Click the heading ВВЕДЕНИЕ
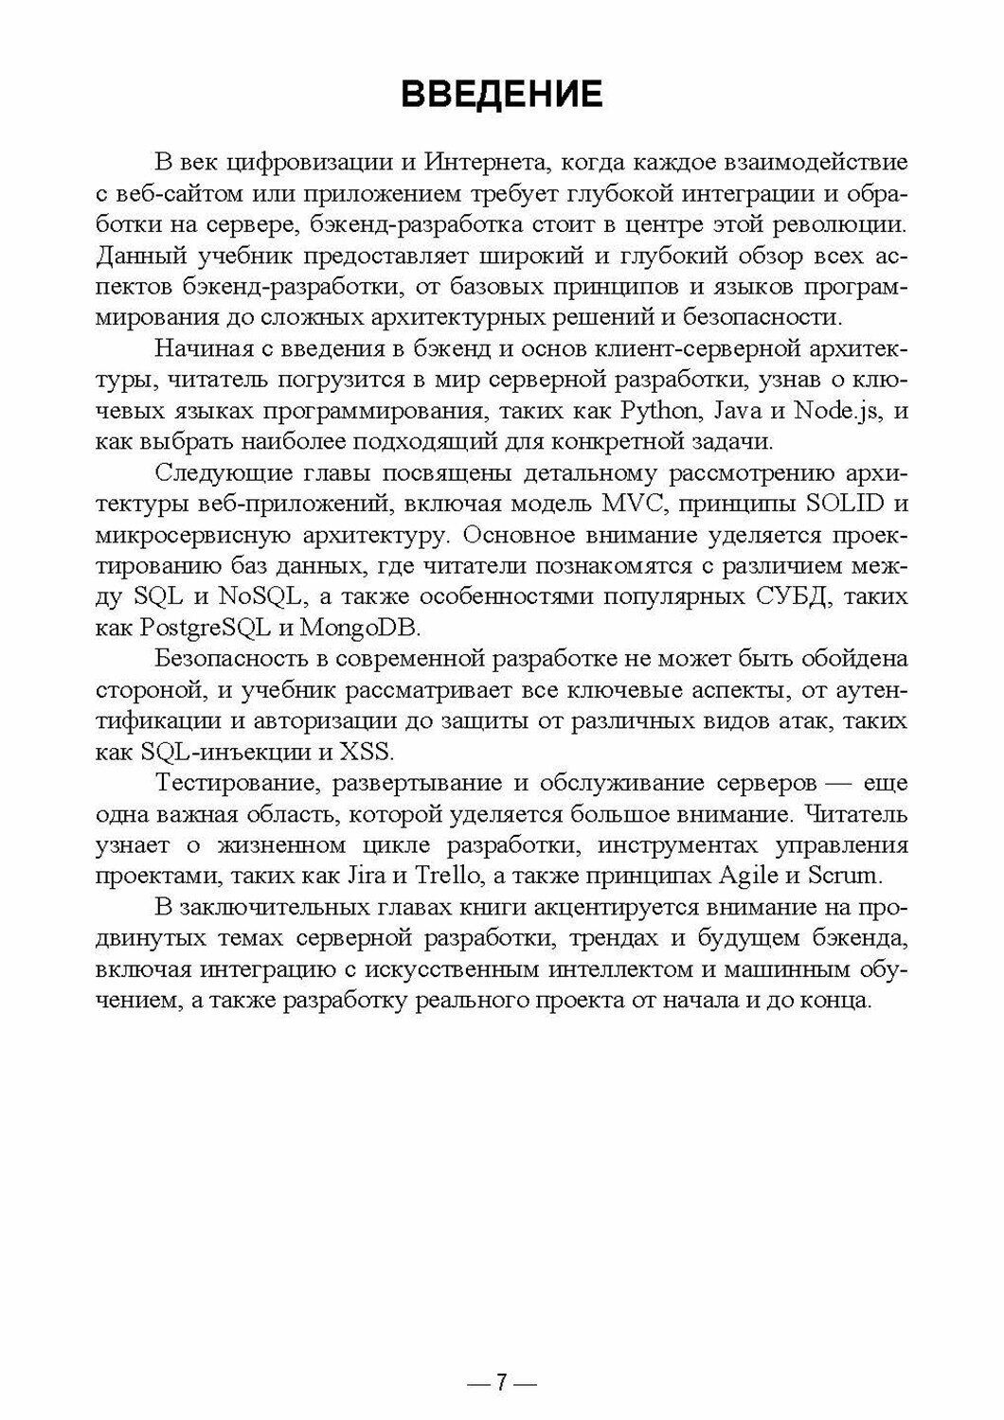tap(501, 95)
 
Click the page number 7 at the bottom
tap(501, 1383)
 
